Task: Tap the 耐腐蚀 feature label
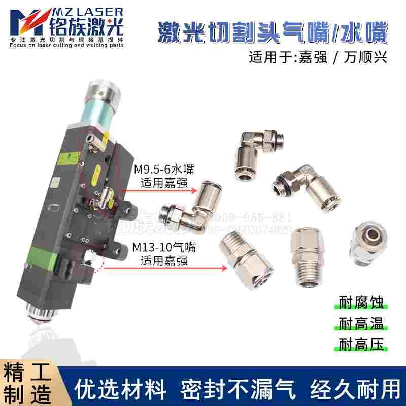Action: click(x=361, y=302)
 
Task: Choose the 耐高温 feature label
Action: click(x=361, y=323)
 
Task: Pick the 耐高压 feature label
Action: click(x=361, y=344)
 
